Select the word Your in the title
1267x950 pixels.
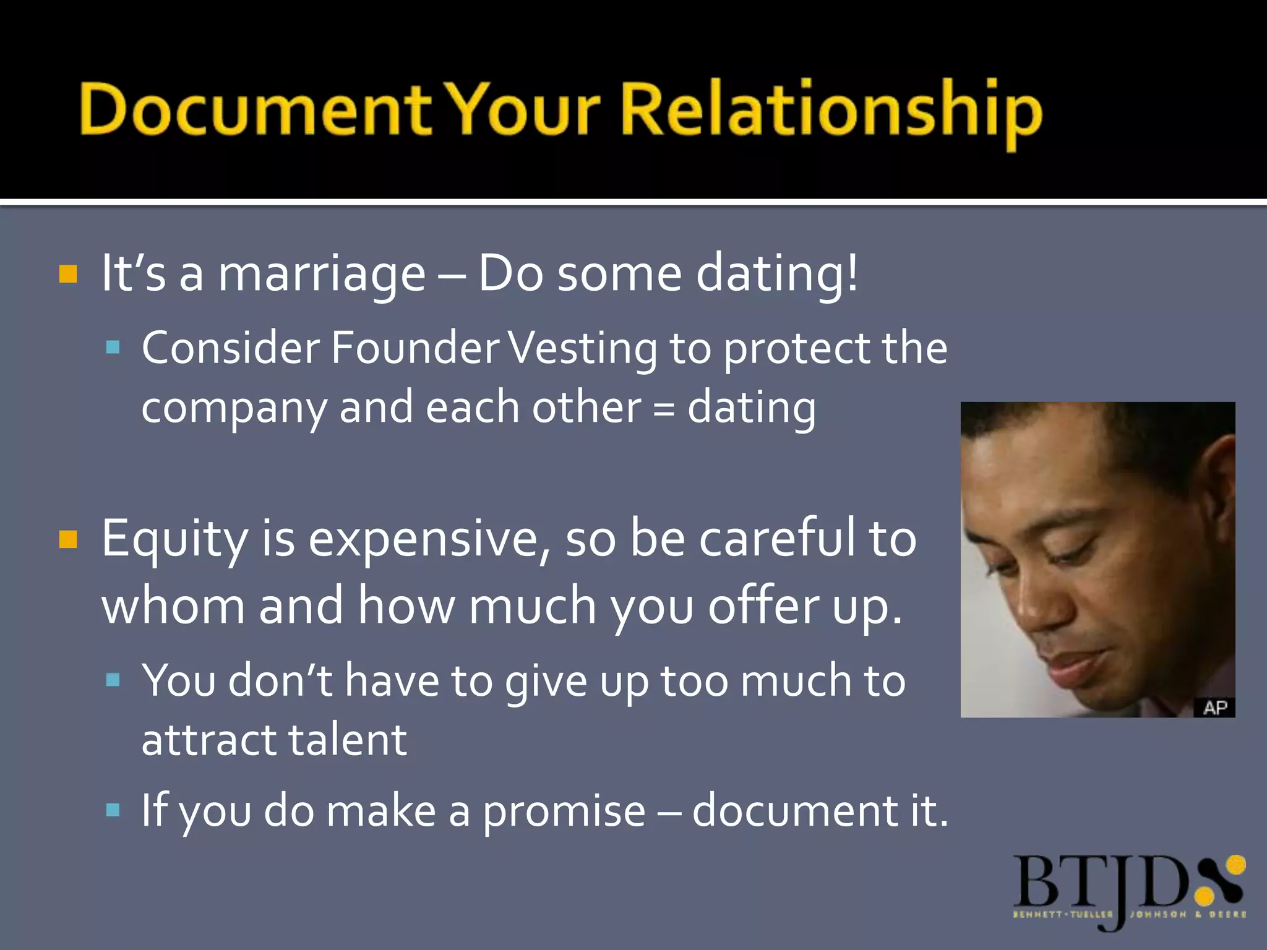click(523, 110)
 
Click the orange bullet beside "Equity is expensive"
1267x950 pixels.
click(68, 539)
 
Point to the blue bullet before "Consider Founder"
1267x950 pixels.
click(113, 347)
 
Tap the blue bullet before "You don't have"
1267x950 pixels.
click(113, 680)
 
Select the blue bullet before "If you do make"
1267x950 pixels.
click(113, 810)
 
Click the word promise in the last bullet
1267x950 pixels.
click(564, 811)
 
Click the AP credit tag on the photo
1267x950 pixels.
click(1214, 708)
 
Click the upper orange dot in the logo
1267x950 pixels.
click(1235, 865)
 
